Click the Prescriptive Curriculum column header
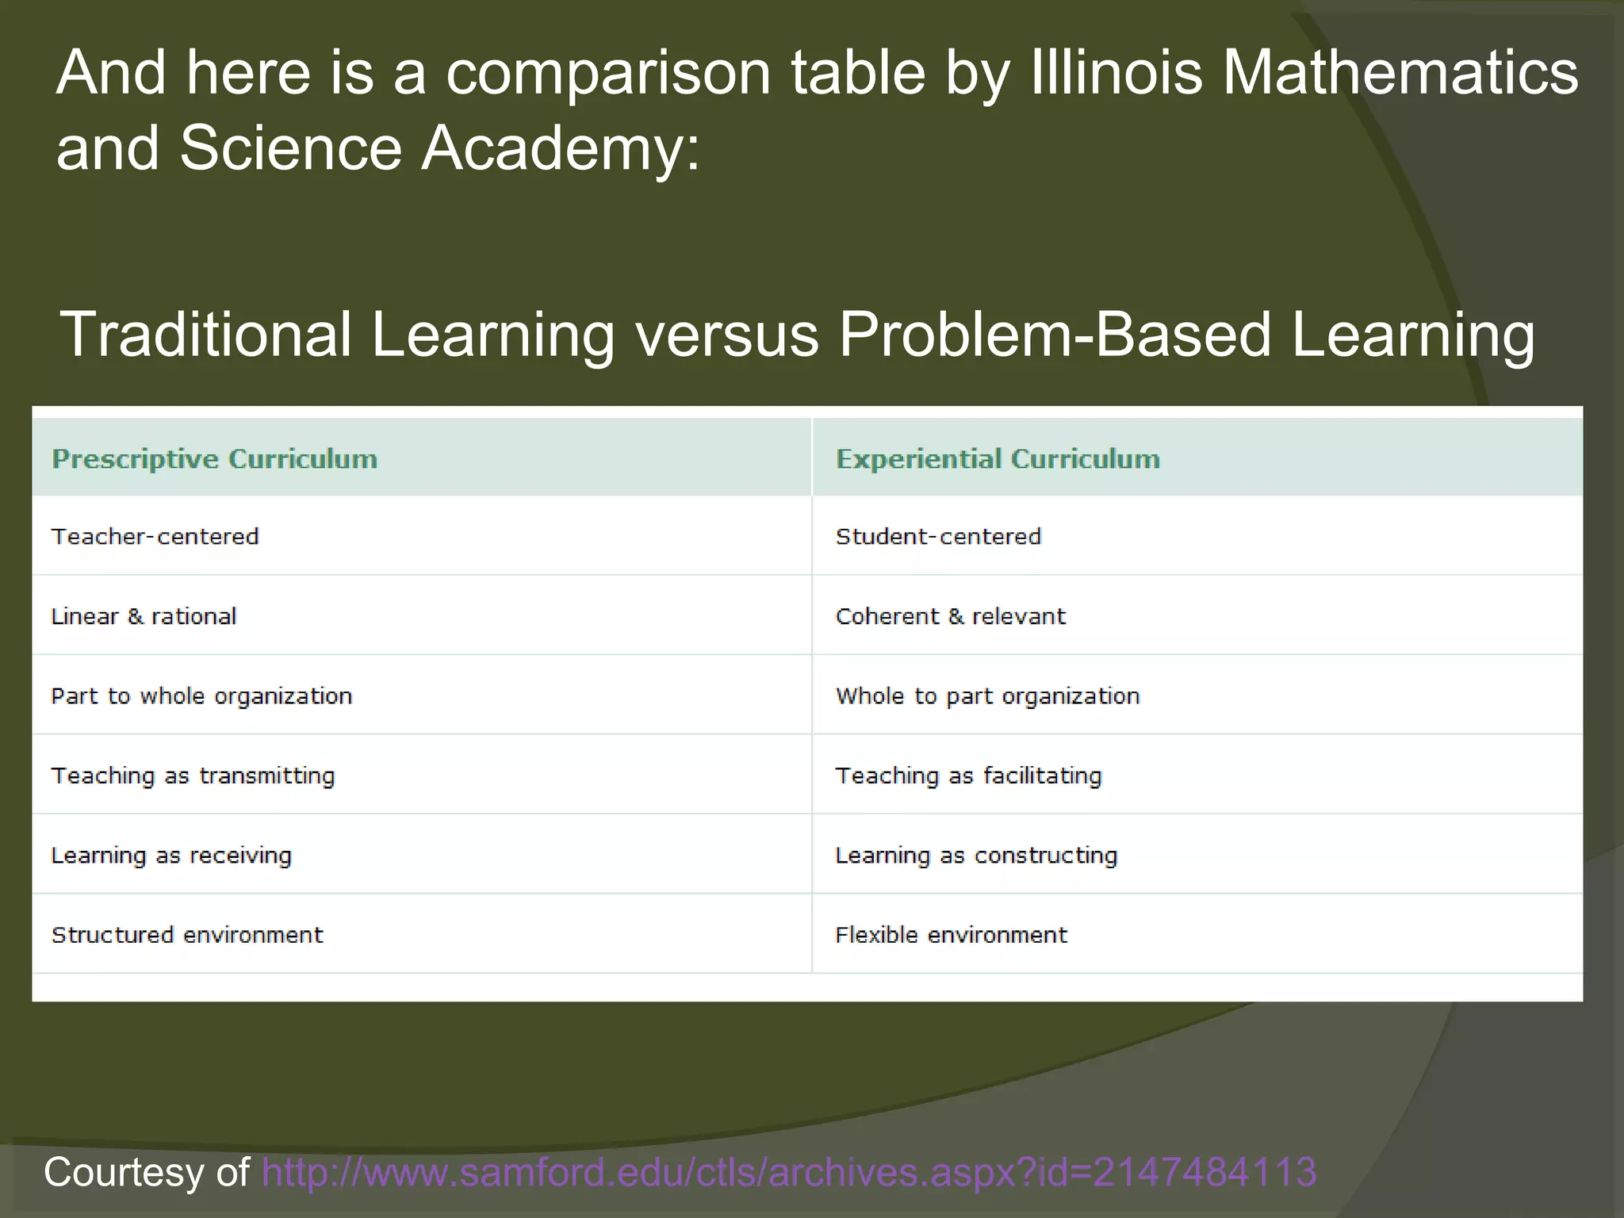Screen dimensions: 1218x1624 pyautogui.click(x=214, y=459)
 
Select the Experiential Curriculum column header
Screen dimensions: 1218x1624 pyautogui.click(x=998, y=459)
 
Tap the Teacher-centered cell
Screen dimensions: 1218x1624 pyautogui.click(x=155, y=537)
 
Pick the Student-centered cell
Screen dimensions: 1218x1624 pyautogui.click(x=938, y=537)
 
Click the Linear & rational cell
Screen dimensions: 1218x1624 pyautogui.click(x=144, y=616)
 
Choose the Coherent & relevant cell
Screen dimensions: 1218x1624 pyautogui.click(x=950, y=616)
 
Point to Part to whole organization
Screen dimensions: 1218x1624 pyautogui.click(x=201, y=696)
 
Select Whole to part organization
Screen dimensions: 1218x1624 pyautogui.click(x=987, y=696)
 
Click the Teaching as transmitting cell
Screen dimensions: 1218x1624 pyautogui.click(x=193, y=776)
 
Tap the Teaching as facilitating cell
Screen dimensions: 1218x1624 pyautogui.click(x=968, y=776)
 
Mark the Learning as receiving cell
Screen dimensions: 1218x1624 pyautogui.click(x=171, y=856)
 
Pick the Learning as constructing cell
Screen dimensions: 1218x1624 pyautogui.click(x=976, y=856)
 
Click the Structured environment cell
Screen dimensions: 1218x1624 pyautogui.click(x=187, y=935)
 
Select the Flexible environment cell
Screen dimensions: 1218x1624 pyautogui.click(x=951, y=935)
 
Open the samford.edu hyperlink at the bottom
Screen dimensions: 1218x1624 pyautogui.click(x=788, y=1172)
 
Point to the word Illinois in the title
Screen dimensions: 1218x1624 pyautogui.click(x=1116, y=73)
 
